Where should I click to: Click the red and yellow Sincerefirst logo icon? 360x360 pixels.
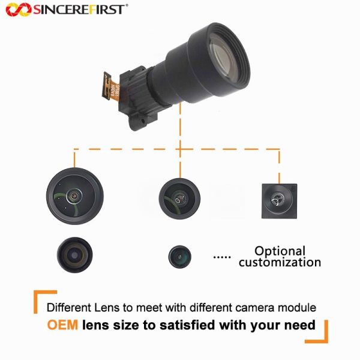pos(19,10)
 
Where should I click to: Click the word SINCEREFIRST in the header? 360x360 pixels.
pos(79,10)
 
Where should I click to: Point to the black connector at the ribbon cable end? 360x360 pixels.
pos(107,86)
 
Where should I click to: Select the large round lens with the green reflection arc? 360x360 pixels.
pos(75,196)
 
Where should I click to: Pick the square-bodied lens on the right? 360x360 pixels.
pos(279,201)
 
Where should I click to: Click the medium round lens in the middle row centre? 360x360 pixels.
pos(179,199)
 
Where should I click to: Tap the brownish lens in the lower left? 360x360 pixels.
pos(75,255)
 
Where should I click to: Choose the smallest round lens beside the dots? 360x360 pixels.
pos(180,257)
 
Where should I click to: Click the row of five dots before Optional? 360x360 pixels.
pos(222,257)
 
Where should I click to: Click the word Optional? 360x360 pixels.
pos(280,251)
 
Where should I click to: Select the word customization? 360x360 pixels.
pos(280,262)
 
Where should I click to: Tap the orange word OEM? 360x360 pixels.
pos(62,325)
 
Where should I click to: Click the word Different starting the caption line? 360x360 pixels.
pos(69,308)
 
